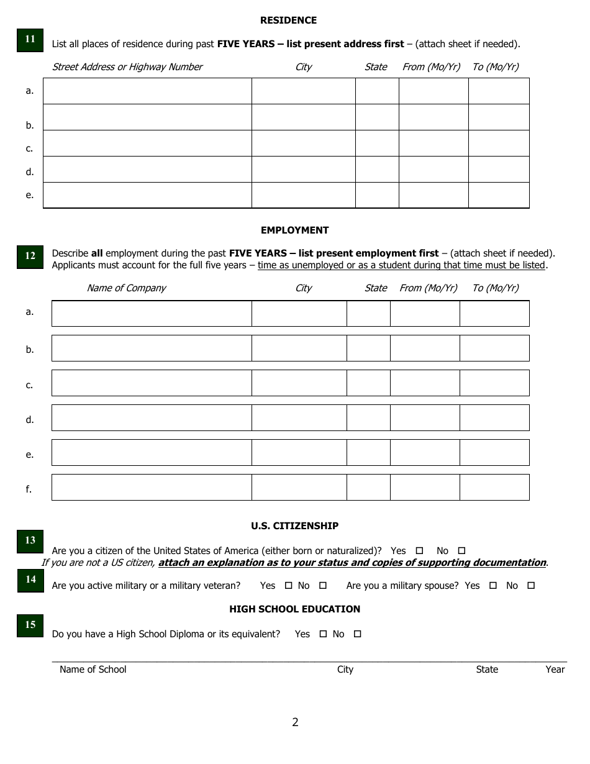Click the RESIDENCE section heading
288,20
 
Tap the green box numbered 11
30,40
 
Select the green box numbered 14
30,580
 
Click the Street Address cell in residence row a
147,91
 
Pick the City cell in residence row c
303,143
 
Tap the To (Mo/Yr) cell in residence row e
499,195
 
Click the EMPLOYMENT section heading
294,230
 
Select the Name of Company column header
126,288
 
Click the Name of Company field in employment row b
152,348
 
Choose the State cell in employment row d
368,418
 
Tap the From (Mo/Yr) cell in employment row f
425,488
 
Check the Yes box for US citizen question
419,551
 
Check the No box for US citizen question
461,551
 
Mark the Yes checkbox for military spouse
493,586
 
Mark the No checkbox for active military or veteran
323,586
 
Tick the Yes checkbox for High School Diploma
323,634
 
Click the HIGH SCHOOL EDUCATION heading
294,609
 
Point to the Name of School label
93,670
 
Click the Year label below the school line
555,670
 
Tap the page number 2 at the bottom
295,722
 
